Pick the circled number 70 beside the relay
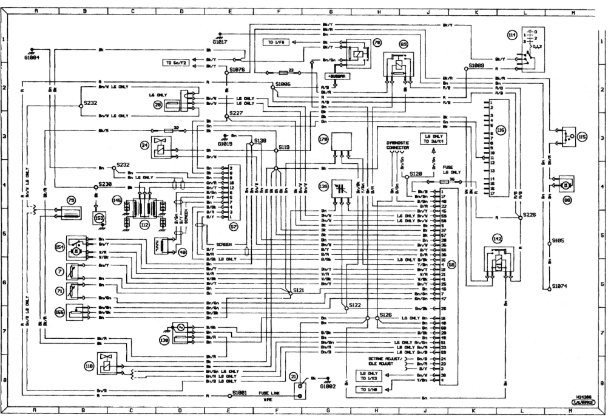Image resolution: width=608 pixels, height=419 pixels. [x=377, y=44]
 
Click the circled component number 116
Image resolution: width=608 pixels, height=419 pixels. [x=501, y=129]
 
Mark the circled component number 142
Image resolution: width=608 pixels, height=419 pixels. [x=496, y=240]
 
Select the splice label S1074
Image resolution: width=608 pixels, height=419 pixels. [x=559, y=285]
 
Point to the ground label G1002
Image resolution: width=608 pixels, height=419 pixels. [x=328, y=386]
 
